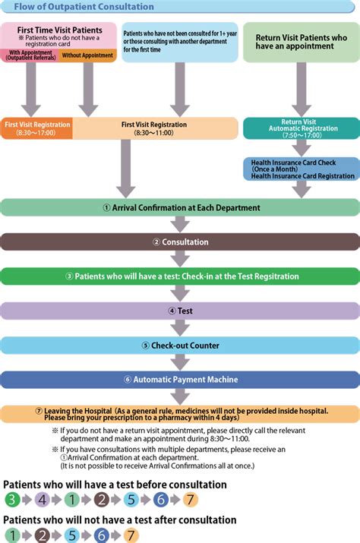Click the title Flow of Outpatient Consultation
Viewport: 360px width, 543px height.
pos(84,7)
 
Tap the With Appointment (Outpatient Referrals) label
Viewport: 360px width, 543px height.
pos(30,55)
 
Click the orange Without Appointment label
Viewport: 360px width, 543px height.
pos(88,55)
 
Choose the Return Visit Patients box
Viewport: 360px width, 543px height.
pos(301,41)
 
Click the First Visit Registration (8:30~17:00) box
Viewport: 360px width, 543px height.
pos(36,128)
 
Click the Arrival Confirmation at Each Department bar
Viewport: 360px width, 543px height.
pos(180,207)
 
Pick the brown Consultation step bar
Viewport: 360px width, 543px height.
pos(180,242)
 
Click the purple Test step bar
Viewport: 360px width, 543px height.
pos(180,311)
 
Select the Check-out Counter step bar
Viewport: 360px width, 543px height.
pos(180,345)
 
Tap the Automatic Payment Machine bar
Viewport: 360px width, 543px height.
pos(180,379)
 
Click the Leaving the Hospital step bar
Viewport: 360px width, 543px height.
pos(180,414)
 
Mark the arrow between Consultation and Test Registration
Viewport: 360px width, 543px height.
pos(180,259)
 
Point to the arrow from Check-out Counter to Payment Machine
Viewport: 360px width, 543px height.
pos(180,362)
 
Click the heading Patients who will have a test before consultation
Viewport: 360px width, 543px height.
pos(115,485)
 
